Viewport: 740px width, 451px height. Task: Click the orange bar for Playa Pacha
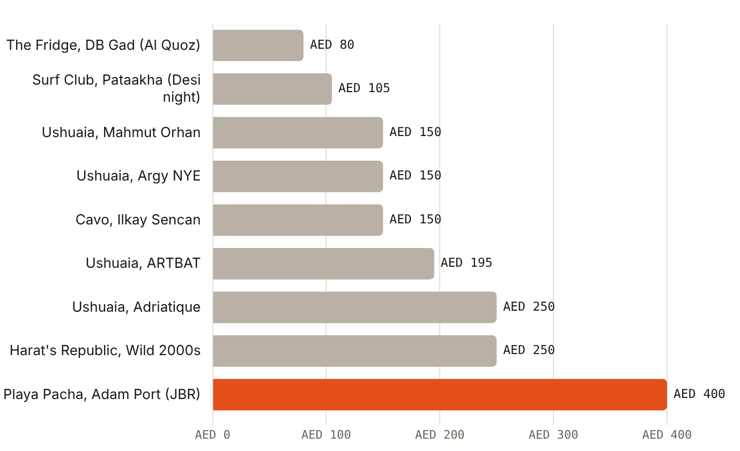pos(440,395)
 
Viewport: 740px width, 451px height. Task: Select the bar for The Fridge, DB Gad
pos(258,45)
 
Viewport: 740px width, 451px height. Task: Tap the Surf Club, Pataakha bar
pos(272,89)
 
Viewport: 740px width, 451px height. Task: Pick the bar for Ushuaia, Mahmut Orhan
pos(298,133)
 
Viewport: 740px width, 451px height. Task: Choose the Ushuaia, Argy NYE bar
pos(298,176)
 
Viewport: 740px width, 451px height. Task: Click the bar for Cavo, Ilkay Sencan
pos(298,220)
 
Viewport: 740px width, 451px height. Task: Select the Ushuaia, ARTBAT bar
pos(323,264)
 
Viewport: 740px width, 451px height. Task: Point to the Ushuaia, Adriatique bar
pos(354,307)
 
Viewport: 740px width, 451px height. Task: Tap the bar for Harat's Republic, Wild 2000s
pos(354,351)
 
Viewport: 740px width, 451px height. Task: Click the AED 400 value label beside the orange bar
pos(699,394)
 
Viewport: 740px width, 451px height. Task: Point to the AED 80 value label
pos(332,44)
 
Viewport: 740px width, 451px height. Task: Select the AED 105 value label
pos(364,88)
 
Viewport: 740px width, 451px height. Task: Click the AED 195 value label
pos(467,263)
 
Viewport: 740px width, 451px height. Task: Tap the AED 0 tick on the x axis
pos(212,435)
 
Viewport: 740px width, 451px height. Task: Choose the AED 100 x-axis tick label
pos(326,435)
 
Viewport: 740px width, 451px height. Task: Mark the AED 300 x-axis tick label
pos(553,435)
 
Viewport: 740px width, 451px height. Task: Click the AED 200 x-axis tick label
pos(440,435)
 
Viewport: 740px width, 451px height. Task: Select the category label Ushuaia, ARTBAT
pos(143,264)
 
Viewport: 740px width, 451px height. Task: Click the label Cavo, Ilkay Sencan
pos(138,220)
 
